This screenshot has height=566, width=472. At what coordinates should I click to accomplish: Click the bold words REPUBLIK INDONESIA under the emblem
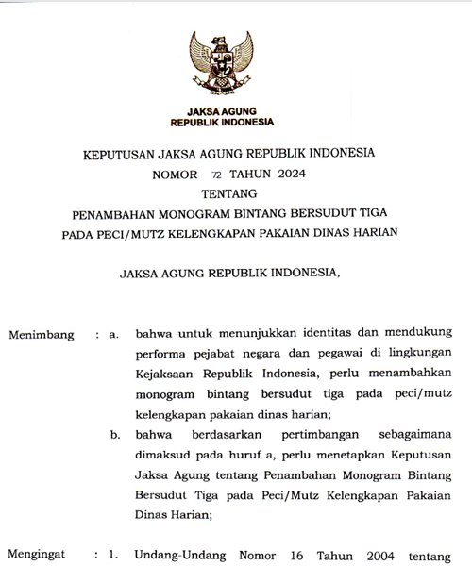point(222,123)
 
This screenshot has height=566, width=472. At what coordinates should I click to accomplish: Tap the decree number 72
point(217,175)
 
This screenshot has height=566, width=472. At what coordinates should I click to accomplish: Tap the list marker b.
point(114,435)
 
